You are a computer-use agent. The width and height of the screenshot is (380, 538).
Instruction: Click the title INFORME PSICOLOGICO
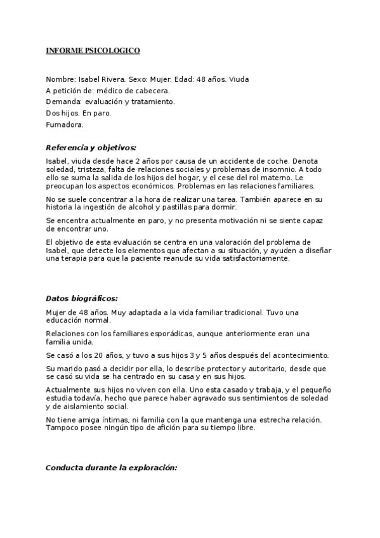(93, 50)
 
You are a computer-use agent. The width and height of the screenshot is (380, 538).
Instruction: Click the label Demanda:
(63, 102)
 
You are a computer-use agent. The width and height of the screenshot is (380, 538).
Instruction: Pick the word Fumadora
(65, 124)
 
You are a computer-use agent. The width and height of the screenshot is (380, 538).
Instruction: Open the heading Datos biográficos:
(82, 298)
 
